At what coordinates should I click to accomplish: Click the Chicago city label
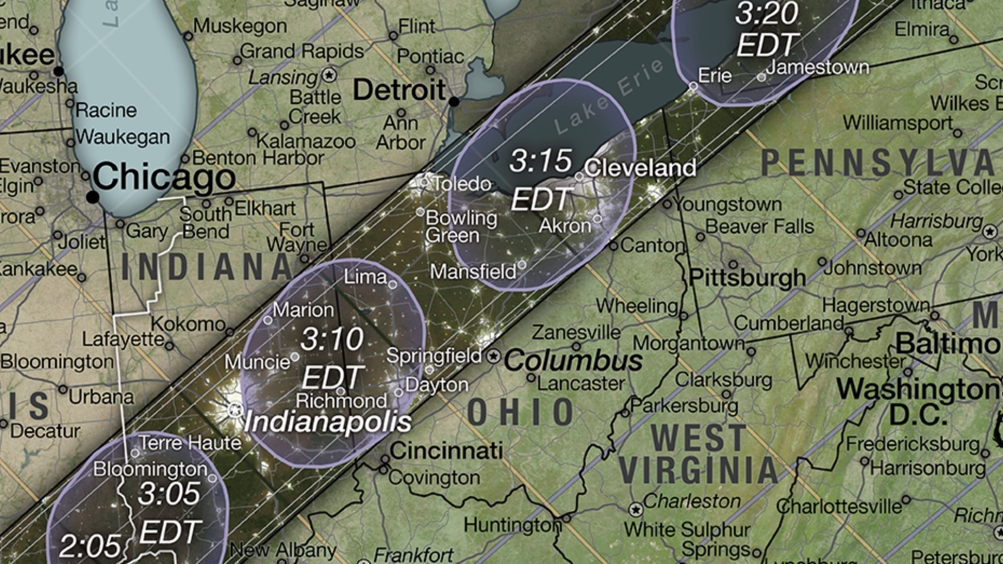[164, 177]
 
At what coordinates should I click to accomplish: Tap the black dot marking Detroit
[454, 101]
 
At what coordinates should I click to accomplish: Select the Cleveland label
[640, 168]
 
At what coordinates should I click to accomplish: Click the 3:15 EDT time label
[541, 180]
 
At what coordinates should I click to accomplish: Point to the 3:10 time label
[332, 339]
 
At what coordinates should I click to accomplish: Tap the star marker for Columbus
[493, 357]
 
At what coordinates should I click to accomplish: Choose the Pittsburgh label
[748, 278]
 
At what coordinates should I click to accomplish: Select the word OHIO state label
[521, 412]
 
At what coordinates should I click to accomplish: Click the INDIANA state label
[207, 267]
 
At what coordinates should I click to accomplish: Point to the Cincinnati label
[446, 451]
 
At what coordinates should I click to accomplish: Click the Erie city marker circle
[693, 86]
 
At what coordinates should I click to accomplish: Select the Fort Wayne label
[297, 237]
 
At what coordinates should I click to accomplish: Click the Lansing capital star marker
[329, 75]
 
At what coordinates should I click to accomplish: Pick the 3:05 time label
[169, 494]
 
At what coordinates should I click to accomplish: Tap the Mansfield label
[473, 272]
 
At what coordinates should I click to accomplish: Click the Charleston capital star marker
[636, 509]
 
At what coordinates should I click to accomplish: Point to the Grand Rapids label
[302, 51]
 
